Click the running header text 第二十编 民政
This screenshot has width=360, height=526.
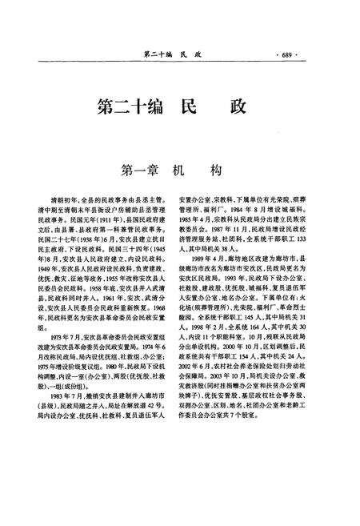coord(171,54)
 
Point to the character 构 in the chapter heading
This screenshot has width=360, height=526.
coord(215,171)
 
